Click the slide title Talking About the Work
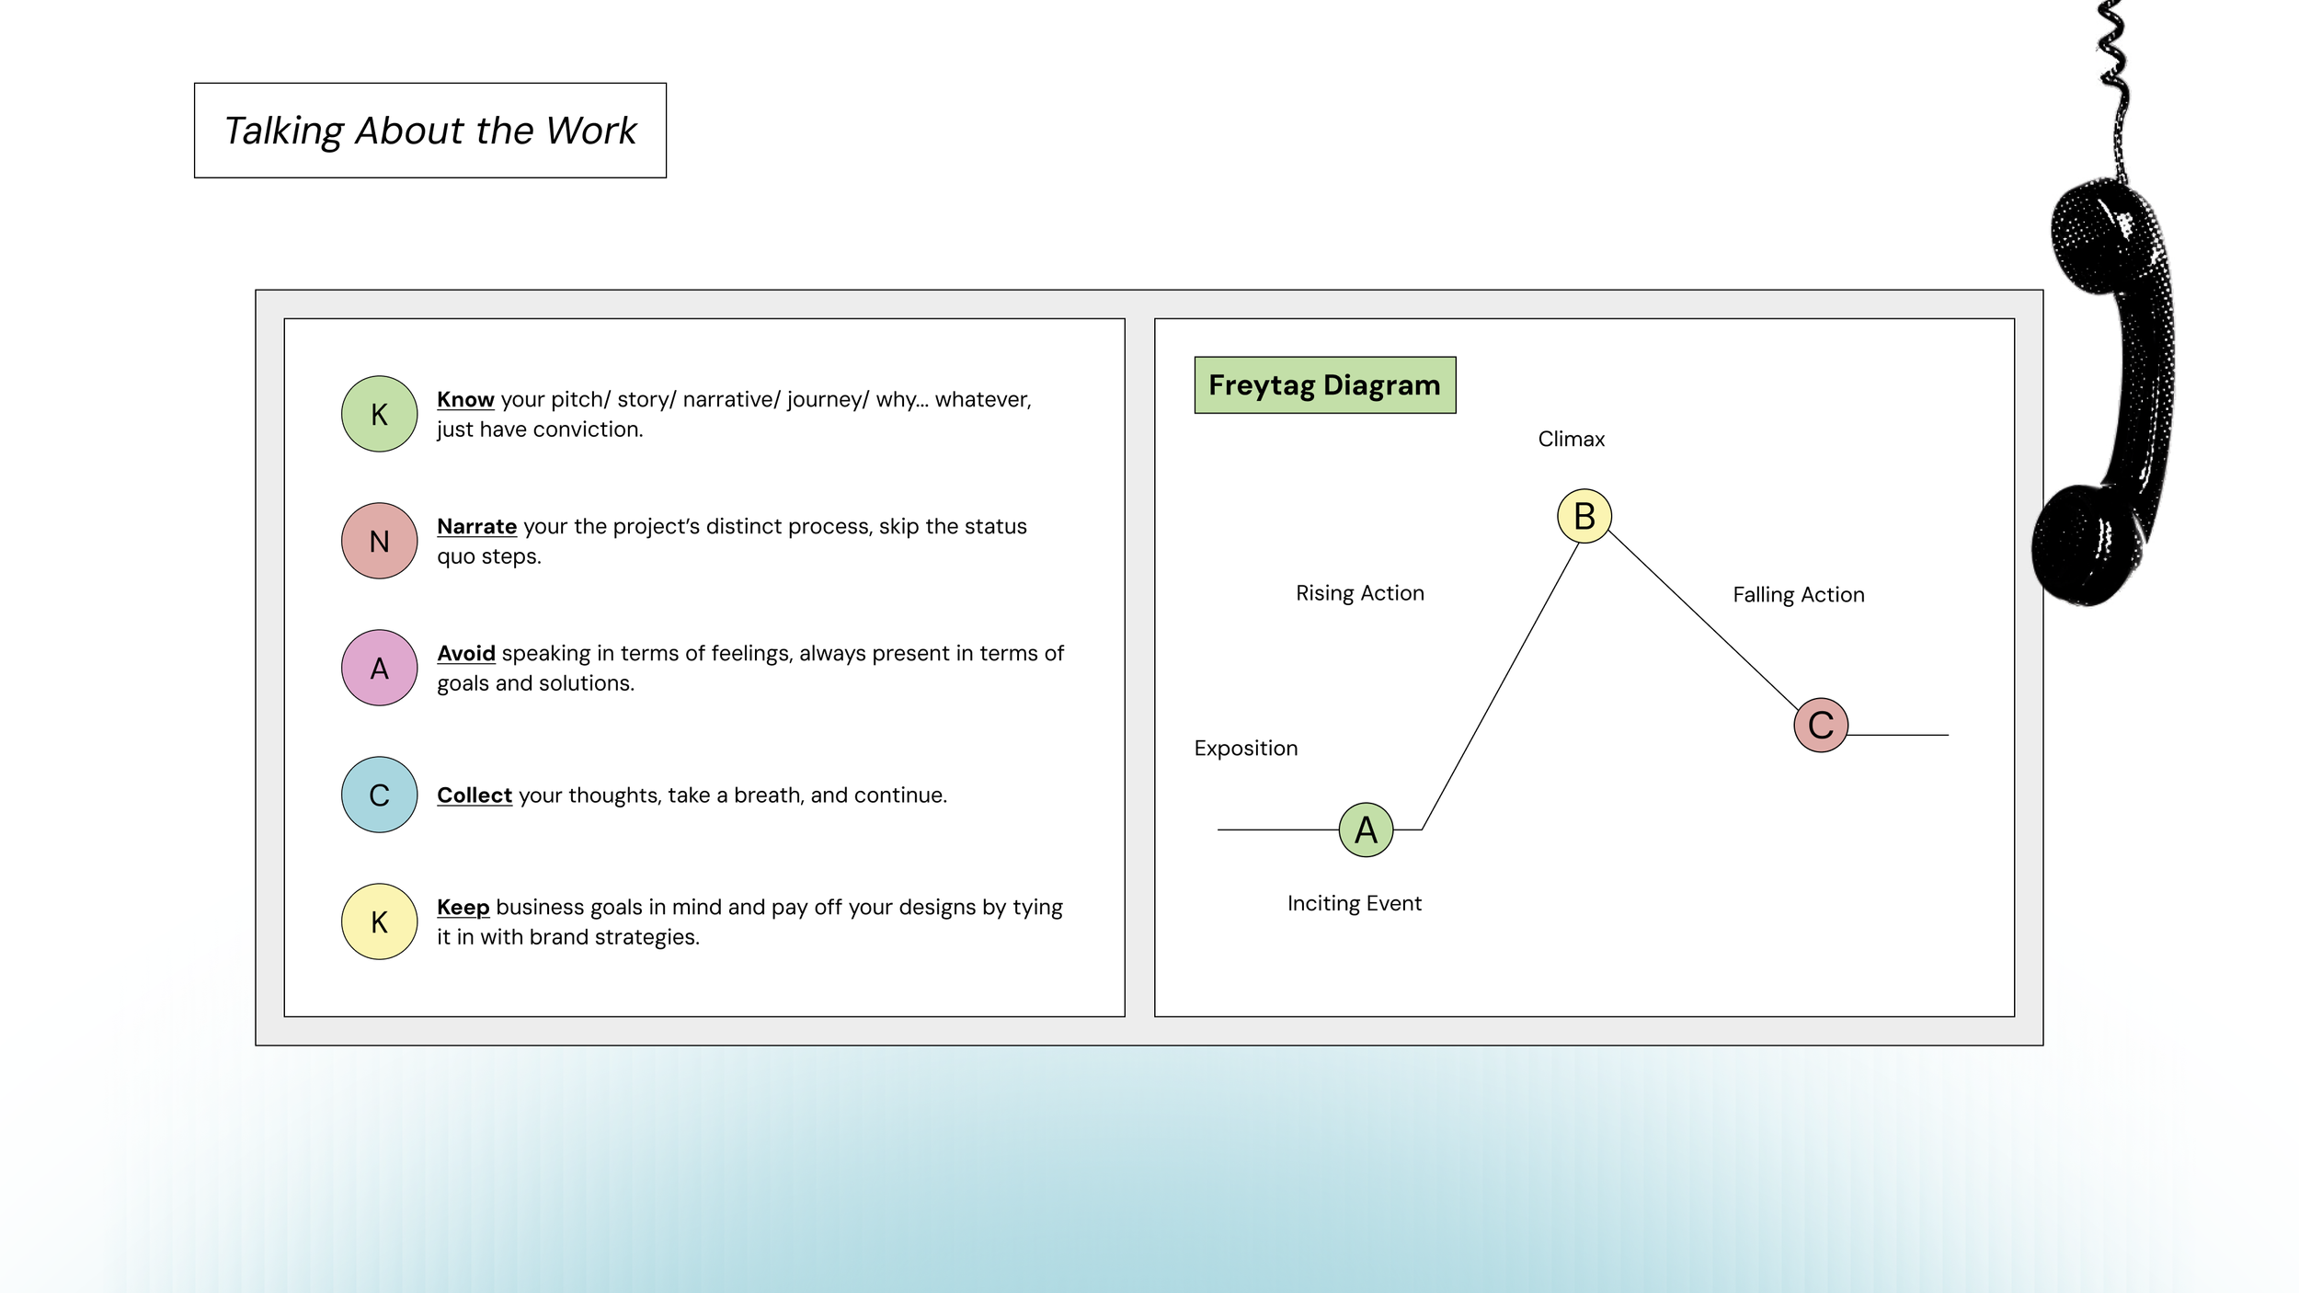pos(430,131)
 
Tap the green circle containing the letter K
pos(379,414)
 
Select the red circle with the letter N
pos(379,541)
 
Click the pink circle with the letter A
pos(379,668)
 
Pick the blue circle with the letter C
pos(379,795)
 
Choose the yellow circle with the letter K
pos(379,921)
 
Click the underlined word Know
pos(465,399)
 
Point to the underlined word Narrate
pos(476,526)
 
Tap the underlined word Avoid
pos(466,653)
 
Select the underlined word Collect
pos(475,795)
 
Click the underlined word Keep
pos(463,908)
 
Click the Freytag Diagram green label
pos(1325,385)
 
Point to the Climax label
pos(1572,440)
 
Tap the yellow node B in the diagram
pos(1584,516)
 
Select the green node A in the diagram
pos(1367,830)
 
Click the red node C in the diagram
pos(1821,725)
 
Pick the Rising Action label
pos(1360,593)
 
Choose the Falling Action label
pos(1799,595)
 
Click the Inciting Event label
pos(1355,904)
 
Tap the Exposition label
pos(1246,749)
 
